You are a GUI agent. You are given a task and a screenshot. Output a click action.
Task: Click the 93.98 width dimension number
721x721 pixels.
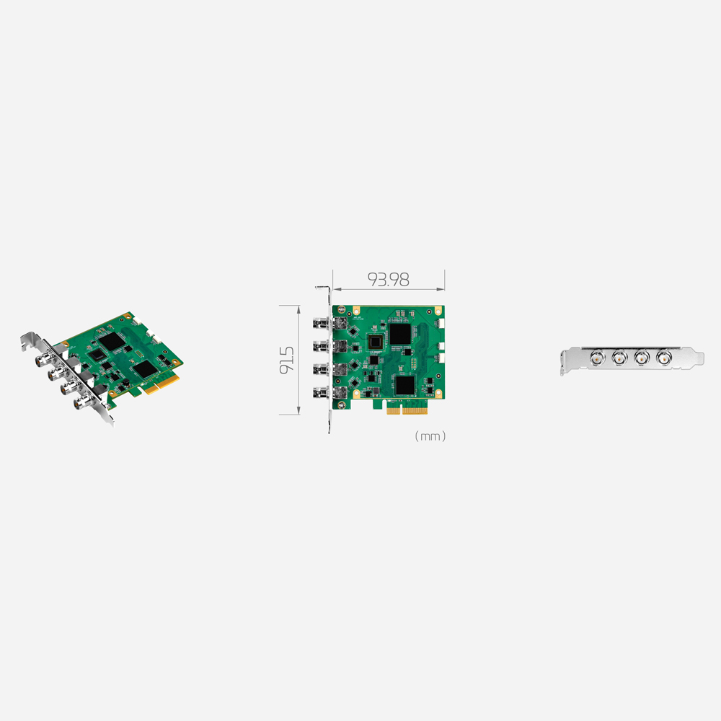[x=388, y=280]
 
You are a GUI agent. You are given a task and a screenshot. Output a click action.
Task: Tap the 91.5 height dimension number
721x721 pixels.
[x=287, y=359]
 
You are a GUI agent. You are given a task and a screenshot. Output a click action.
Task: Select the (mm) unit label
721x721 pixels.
[x=430, y=436]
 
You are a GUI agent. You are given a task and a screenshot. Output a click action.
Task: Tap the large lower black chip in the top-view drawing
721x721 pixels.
[x=404, y=385]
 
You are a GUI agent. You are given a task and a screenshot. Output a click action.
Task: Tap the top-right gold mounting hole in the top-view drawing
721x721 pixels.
[x=437, y=310]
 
